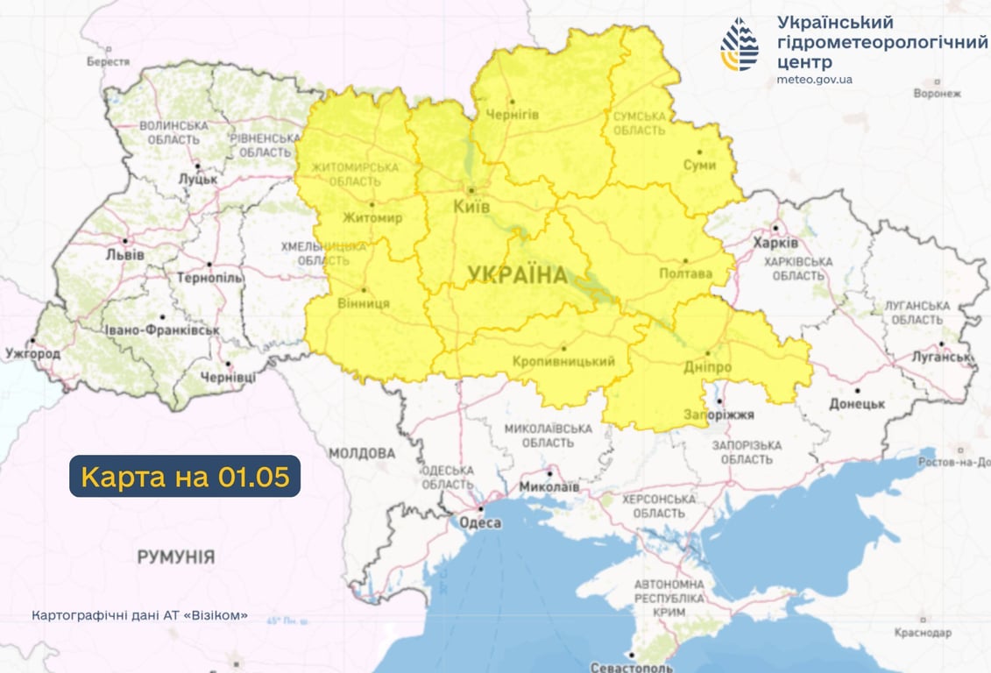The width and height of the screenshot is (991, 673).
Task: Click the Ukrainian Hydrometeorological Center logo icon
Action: [740, 44]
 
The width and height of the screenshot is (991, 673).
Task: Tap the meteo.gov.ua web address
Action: [814, 80]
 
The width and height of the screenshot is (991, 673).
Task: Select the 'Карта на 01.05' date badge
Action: [185, 477]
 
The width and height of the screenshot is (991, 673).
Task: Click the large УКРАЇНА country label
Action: [517, 275]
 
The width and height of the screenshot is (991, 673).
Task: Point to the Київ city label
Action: [471, 207]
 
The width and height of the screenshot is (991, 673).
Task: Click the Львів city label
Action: [125, 254]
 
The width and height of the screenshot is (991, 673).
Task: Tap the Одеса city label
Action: [480, 523]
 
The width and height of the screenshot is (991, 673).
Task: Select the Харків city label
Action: [775, 243]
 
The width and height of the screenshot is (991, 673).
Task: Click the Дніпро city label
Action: [707, 368]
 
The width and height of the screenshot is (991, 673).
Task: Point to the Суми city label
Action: [700, 165]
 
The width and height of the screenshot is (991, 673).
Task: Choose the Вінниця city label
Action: [363, 303]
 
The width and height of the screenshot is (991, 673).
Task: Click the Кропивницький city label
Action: [563, 361]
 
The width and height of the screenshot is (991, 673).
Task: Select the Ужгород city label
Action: [32, 353]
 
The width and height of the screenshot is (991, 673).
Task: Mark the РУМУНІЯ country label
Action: [175, 556]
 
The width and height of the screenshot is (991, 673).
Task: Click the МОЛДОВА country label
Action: [362, 454]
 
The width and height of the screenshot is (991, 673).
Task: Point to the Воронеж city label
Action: [937, 93]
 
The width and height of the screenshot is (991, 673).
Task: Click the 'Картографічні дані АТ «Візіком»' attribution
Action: [139, 615]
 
